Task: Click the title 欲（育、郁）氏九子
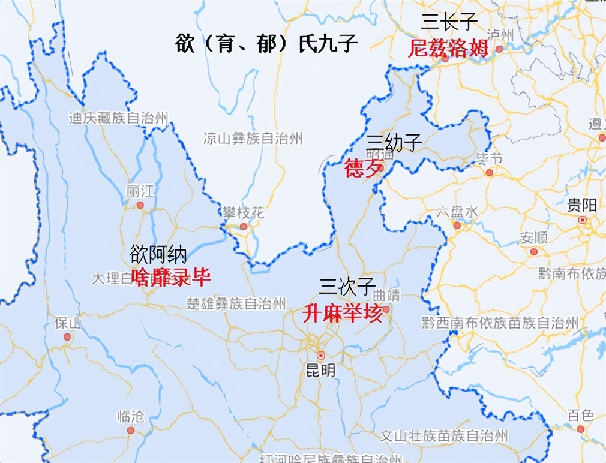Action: click(267, 43)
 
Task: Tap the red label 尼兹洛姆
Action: click(448, 48)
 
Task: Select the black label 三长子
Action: click(449, 22)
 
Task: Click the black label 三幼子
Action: click(395, 142)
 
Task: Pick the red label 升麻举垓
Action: click(343, 313)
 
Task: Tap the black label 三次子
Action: click(347, 287)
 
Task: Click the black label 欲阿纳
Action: click(158, 254)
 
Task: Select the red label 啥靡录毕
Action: click(171, 277)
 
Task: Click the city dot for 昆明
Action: click(321, 355)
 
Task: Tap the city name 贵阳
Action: click(581, 206)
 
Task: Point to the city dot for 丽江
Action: click(140, 205)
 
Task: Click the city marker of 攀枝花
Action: click(244, 226)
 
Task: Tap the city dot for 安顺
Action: click(533, 252)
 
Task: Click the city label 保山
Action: click(67, 323)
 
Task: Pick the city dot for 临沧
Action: click(131, 430)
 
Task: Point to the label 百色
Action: click(580, 415)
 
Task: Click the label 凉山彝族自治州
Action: click(252, 139)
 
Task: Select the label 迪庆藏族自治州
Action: click(118, 118)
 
